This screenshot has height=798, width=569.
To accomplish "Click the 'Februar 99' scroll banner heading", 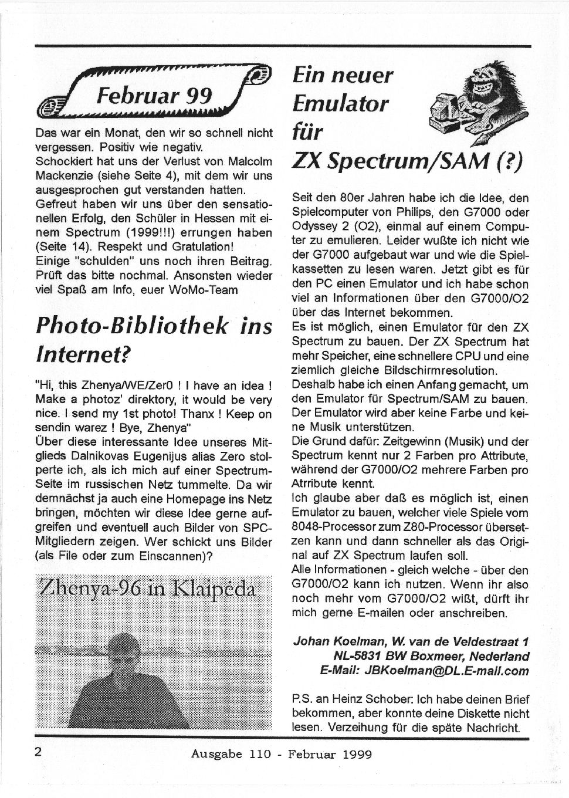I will [155, 94].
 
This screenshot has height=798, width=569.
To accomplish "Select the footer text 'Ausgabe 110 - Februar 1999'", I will [281, 754].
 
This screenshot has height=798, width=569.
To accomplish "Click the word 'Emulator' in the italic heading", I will [340, 104].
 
